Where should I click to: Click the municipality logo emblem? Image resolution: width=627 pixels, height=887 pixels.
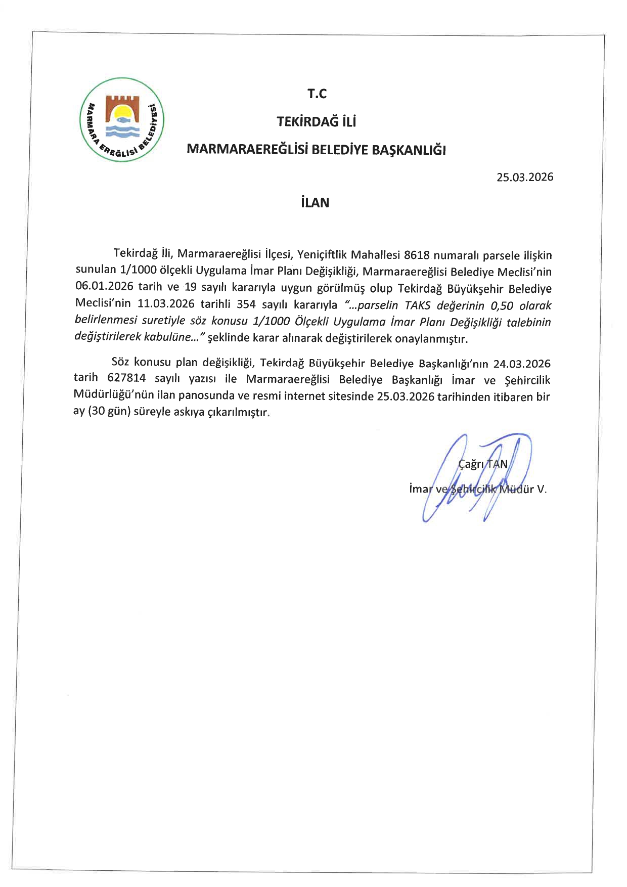pos(122,120)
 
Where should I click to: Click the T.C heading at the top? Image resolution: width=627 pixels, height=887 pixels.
pos(317,94)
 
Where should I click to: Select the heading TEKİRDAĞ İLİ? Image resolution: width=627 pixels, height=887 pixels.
pos(317,122)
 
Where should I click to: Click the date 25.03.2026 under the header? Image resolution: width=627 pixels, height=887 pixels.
pos(524,177)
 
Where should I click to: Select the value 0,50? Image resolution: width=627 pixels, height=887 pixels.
pos(503,305)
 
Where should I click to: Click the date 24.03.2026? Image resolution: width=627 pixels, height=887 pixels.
pos(522,364)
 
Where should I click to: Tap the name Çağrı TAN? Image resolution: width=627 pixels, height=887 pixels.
pos(482,464)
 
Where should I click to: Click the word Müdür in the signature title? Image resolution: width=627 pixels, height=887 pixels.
pos(516,489)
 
